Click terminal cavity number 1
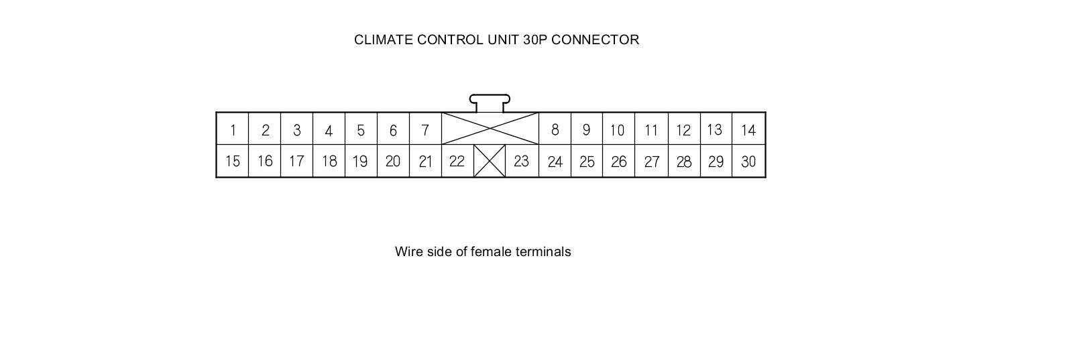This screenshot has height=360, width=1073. pos(233,129)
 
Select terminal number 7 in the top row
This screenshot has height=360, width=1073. pos(425,129)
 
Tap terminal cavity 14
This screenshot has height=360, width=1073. pos(748,129)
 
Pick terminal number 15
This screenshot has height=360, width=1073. pos(233,162)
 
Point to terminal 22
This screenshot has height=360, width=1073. pos(457,162)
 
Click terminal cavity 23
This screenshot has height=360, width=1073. pos(521,162)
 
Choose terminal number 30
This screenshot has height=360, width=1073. pos(748,162)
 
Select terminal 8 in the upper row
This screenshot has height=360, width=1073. pos(555,129)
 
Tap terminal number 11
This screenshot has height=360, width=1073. pos(651,129)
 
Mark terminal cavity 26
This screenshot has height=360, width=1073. pos(619,162)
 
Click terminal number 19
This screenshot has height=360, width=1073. pos(361,162)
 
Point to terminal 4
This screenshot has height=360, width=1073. pos(329,129)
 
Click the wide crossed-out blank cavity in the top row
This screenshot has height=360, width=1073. pos(490,128)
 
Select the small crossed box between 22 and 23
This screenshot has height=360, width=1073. pos(490,162)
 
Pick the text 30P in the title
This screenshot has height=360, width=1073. pos(535,40)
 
